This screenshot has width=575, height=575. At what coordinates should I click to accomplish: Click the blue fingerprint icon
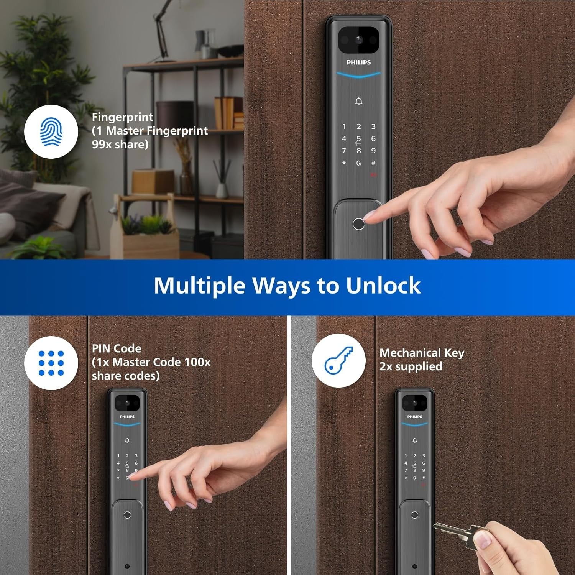51,132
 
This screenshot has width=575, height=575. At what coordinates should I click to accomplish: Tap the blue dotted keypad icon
51,363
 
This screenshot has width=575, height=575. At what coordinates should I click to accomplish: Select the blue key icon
338,360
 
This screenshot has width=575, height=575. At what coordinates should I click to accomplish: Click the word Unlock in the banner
383,286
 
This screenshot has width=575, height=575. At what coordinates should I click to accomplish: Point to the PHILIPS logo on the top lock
358,62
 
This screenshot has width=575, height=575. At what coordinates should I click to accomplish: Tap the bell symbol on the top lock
359,101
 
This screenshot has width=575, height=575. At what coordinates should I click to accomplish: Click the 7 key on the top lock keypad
344,151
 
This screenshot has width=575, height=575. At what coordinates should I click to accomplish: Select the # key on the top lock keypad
373,163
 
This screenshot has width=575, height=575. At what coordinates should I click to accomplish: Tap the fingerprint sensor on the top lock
358,224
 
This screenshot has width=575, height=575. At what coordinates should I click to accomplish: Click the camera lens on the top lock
358,39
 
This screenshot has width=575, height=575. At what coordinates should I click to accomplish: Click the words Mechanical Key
422,353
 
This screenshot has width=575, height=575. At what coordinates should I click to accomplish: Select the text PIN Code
117,348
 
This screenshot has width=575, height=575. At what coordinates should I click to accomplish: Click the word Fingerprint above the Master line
123,117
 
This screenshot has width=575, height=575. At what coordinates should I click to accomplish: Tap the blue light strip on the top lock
358,75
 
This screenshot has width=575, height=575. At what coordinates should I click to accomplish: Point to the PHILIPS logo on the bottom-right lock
414,417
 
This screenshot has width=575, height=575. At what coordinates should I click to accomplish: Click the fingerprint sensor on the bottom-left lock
127,515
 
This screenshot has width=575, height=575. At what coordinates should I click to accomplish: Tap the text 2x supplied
411,367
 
